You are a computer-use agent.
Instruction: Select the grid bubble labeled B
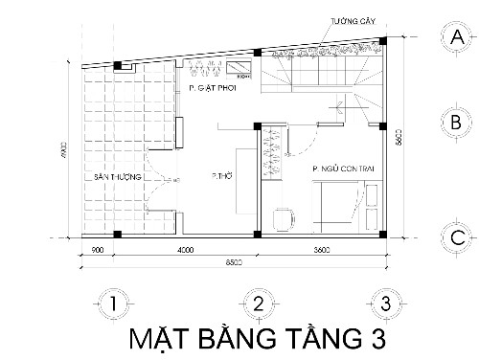(457, 123)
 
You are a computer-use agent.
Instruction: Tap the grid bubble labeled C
(457, 236)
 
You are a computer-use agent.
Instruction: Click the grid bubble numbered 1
(113, 304)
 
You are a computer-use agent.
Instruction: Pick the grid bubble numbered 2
(258, 304)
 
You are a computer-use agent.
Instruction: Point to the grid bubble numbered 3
(384, 304)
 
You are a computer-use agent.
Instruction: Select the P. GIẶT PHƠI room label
(212, 87)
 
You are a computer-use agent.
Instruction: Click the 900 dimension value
(96, 251)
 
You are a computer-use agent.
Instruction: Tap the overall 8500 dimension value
(234, 261)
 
